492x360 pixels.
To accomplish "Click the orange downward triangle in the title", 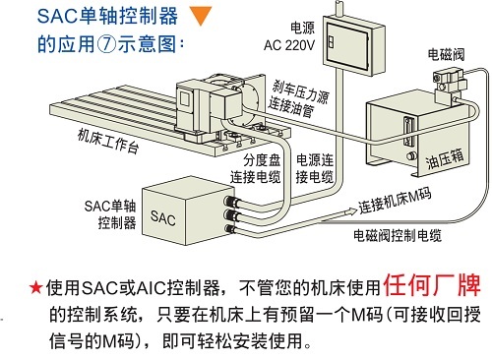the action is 201,16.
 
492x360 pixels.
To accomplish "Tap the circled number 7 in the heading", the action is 106,44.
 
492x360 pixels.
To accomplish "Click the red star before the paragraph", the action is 35,287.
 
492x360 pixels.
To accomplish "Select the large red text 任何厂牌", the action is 432,284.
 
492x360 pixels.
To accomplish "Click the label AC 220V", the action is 289,45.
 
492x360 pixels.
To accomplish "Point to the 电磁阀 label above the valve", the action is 446,54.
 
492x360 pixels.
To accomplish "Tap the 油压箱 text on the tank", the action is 445,158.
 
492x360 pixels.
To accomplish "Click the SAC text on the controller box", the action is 162,218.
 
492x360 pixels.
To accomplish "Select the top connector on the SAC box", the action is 231,201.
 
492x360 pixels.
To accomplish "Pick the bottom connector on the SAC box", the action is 229,229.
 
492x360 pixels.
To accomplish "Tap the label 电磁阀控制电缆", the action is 398,235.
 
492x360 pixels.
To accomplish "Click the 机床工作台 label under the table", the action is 108,141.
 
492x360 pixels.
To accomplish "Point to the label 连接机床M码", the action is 395,201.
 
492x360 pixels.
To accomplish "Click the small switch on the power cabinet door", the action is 331,42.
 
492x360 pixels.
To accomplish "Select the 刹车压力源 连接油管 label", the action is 297,98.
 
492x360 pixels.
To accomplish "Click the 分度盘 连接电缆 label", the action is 255,169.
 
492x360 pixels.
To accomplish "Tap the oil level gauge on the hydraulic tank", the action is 408,132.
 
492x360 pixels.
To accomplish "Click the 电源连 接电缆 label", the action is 315,168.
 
